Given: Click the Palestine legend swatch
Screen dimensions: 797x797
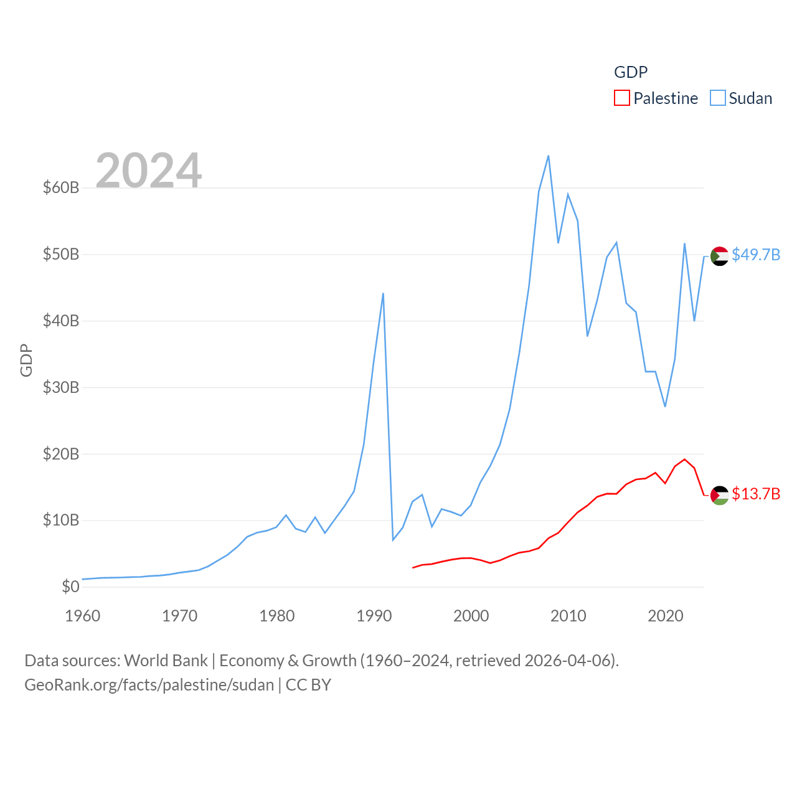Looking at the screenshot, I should [621, 98].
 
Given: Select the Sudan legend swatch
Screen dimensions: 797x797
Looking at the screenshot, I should [718, 98].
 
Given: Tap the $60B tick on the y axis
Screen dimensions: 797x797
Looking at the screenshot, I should [60, 187].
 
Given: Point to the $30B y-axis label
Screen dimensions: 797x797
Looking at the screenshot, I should [60, 387].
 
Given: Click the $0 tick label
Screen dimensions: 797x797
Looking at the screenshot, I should [70, 587].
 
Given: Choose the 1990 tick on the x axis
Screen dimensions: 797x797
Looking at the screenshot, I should [374, 616].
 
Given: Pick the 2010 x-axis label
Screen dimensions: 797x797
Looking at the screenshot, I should [568, 616].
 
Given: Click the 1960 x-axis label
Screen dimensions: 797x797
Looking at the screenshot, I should [82, 616].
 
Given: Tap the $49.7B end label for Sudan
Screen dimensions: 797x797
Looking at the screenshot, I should [756, 255].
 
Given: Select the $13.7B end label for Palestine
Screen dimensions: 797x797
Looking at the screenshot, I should [756, 494].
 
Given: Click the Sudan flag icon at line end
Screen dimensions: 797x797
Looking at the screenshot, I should [720, 256].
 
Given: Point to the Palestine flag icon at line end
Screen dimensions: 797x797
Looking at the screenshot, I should [720, 495].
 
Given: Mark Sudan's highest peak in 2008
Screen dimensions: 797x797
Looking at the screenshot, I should [548, 156].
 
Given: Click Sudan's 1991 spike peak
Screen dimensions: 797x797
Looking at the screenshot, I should [383, 293].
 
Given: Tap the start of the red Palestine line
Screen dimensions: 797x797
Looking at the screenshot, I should [413, 567].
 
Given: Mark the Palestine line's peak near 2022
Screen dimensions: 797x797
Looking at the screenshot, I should [684, 460].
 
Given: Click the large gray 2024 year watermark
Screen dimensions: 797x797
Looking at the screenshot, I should [148, 170].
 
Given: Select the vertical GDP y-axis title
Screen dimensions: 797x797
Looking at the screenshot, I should [26, 360].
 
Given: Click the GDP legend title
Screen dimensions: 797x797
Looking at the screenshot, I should [631, 72].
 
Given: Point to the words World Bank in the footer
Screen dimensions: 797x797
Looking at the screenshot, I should [166, 660].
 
